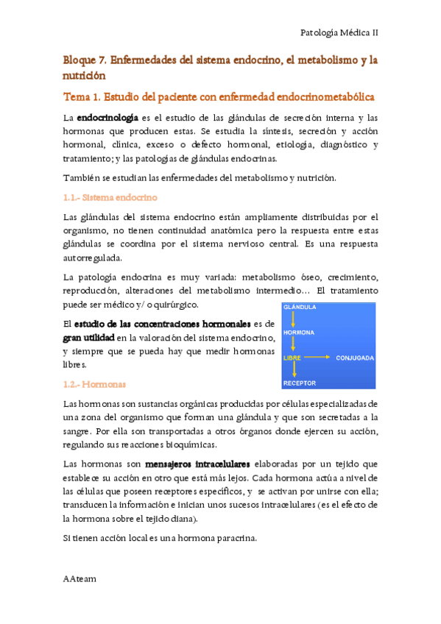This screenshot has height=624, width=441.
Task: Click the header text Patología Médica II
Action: coord(340,32)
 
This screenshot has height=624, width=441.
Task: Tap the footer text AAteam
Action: coord(80,578)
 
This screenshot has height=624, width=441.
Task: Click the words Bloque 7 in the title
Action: coord(85,59)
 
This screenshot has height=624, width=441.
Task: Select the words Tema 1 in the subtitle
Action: coord(82,97)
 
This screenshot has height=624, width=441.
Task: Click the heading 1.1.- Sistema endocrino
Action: coord(110,197)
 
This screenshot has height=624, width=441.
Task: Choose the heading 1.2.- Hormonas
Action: coord(94,384)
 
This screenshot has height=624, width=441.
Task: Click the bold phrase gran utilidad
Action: coord(88,337)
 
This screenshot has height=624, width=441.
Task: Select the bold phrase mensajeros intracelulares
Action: coord(197,464)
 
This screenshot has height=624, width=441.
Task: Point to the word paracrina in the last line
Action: coord(234,538)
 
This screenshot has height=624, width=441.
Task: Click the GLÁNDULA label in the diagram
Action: coord(300,307)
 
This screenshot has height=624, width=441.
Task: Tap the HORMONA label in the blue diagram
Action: coord(300,332)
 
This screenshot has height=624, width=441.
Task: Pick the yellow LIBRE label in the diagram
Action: coord(293,358)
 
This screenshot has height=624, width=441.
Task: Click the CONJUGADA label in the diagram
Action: coord(355,358)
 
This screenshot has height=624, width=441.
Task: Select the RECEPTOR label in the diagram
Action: coord(300,383)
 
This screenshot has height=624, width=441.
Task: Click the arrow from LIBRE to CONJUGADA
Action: coord(317,358)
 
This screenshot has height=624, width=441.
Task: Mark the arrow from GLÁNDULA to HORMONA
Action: coord(293,319)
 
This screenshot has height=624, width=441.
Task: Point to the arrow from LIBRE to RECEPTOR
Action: coord(293,370)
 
